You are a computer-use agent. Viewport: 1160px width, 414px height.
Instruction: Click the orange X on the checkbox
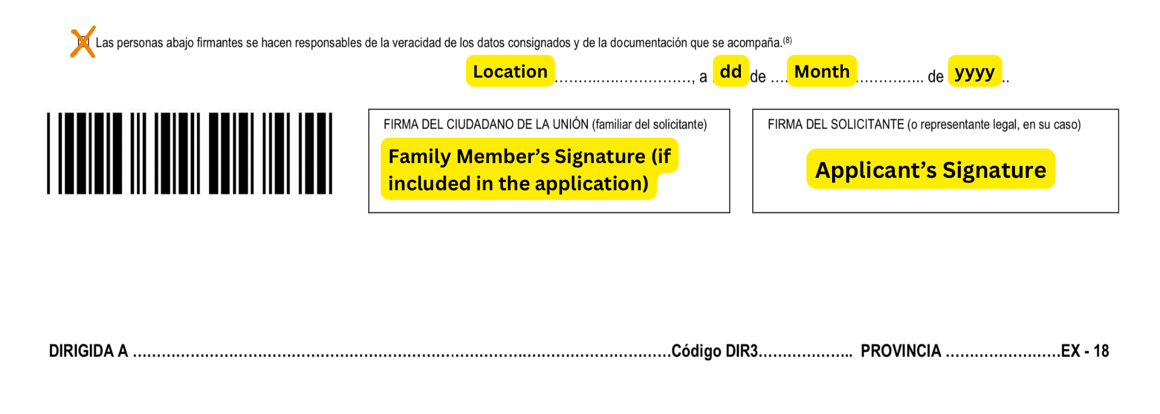83,42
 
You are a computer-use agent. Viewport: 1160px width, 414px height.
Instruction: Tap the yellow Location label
510,71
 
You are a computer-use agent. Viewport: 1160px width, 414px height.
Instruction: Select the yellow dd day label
731,71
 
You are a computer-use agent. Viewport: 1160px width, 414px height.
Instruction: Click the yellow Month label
821,71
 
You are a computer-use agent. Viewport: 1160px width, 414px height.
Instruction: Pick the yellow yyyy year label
974,71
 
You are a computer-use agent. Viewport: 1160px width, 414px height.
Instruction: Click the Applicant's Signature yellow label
930,169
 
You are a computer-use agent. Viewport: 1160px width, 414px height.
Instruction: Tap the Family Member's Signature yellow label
528,169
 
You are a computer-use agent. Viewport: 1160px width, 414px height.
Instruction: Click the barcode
189,153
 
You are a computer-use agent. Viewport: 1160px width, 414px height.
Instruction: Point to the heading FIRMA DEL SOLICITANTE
835,125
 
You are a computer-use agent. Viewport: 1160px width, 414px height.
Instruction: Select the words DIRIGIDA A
88,351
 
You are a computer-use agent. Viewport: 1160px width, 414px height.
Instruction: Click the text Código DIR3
714,351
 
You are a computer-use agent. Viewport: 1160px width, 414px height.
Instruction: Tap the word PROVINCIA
901,351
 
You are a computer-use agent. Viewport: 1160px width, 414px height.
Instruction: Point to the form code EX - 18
1085,351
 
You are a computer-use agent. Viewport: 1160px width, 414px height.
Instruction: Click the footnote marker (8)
787,40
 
